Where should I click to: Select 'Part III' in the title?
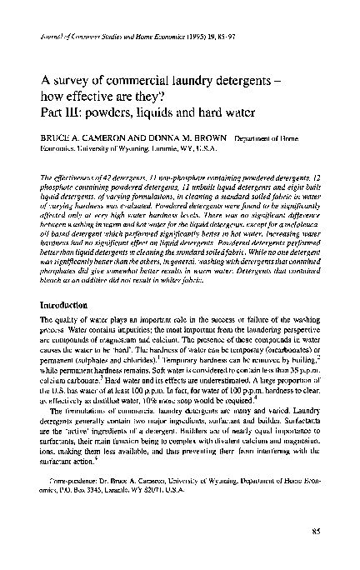pos(58,112)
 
